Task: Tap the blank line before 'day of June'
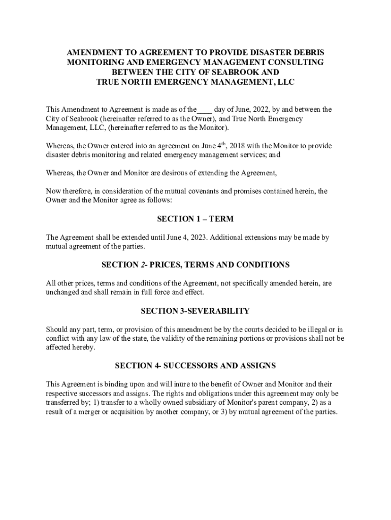pos(205,109)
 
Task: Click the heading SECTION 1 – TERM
pos(195,219)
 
